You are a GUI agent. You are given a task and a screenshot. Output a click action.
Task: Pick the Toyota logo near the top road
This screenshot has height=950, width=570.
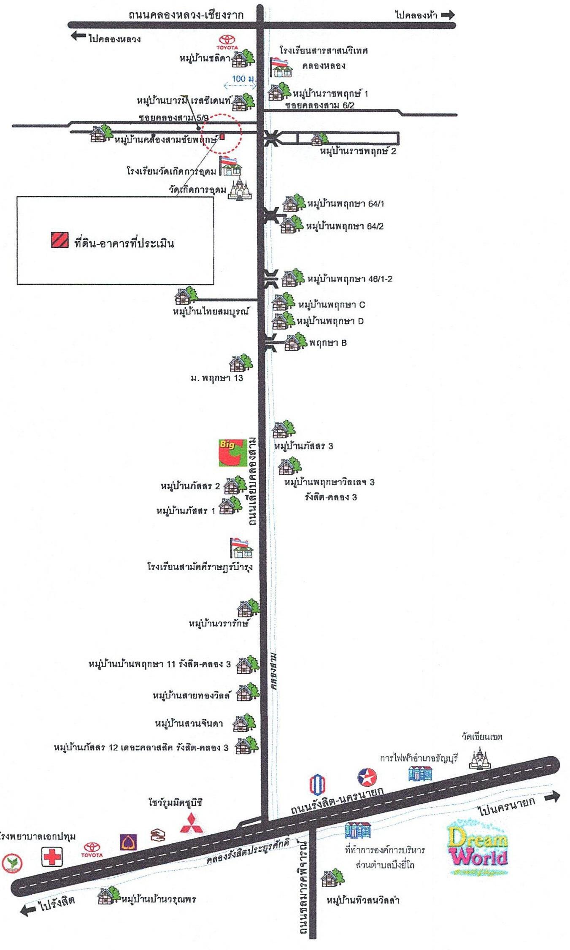tap(227, 41)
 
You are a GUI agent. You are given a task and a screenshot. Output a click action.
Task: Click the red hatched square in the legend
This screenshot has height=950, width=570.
tap(60, 240)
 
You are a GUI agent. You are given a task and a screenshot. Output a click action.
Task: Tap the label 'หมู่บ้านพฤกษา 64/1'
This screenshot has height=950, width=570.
tap(346, 204)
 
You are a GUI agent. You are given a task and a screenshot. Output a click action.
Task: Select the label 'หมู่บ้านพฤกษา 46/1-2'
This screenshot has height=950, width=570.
tap(350, 279)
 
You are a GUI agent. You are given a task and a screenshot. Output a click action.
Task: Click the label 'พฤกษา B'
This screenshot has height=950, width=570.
tap(328, 343)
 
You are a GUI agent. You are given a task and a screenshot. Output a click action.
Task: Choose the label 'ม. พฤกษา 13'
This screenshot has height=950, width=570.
tap(216, 378)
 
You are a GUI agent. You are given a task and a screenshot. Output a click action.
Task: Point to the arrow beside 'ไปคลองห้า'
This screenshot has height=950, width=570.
tap(448, 15)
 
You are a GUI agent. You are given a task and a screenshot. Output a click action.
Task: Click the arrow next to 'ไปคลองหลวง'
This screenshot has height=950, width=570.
tap(78, 36)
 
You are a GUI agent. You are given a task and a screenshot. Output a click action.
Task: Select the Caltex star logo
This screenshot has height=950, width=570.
tap(367, 777)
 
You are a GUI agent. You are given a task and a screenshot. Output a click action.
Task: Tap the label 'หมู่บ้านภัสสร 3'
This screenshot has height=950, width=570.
tap(303, 446)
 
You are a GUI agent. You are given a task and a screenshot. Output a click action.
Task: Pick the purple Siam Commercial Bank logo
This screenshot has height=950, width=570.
tap(128, 841)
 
